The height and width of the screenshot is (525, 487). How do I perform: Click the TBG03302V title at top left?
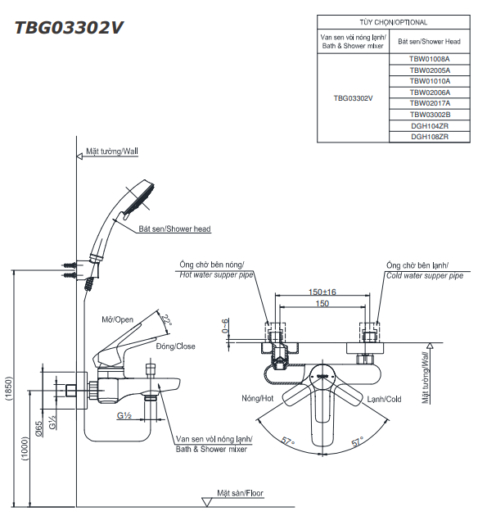[x=69, y=28]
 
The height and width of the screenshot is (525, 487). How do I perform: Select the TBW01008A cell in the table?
[x=430, y=59]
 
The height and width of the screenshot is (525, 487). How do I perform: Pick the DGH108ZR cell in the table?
[x=430, y=137]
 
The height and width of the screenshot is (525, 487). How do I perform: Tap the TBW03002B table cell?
[x=430, y=115]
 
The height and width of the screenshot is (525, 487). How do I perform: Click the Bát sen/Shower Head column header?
[x=429, y=42]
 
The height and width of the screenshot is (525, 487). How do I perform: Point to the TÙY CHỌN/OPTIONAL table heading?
[x=393, y=22]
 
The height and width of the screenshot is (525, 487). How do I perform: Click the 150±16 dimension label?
[x=322, y=292]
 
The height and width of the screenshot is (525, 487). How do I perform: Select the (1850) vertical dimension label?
[x=9, y=388]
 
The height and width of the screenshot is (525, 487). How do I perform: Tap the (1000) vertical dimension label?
[x=25, y=449]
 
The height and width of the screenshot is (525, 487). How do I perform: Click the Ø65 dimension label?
[x=38, y=429]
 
